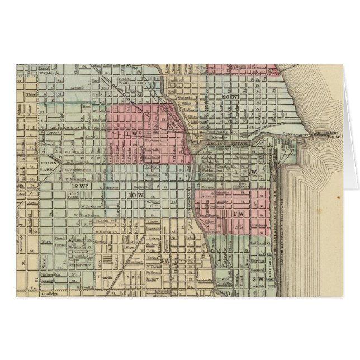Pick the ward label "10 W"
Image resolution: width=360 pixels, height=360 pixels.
pyautogui.click(x=136, y=195)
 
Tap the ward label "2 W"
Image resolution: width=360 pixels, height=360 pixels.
pyautogui.click(x=236, y=214)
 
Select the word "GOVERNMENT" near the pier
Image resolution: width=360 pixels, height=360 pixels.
pyautogui.click(x=295, y=135)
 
